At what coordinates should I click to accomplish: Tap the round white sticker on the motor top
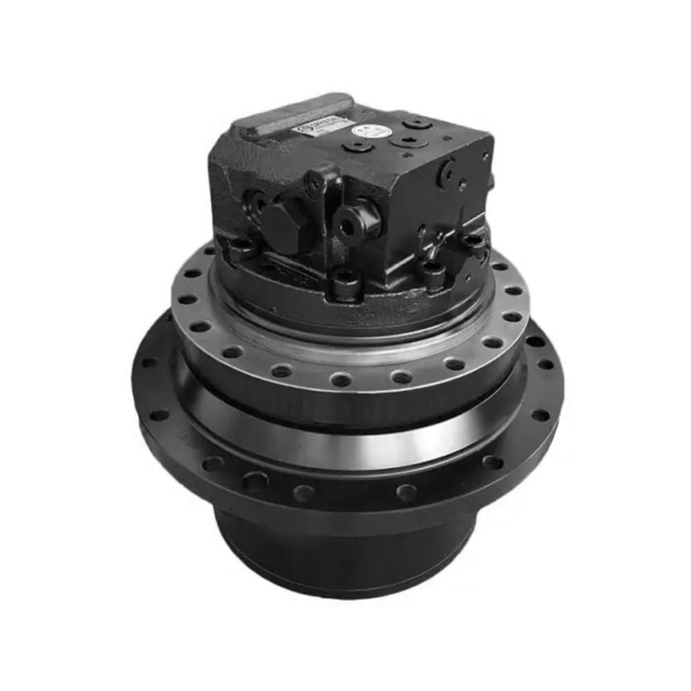(x=363, y=130)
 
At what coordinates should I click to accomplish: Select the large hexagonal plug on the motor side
(x=284, y=223)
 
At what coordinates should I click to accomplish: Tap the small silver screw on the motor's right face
(x=461, y=185)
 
